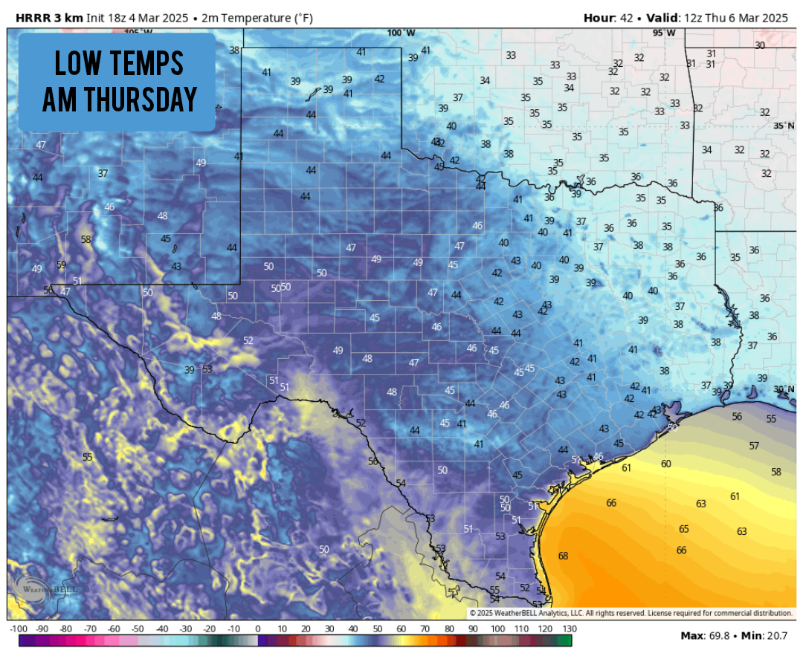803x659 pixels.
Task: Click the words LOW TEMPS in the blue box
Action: (119, 64)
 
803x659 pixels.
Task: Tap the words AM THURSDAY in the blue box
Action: (119, 98)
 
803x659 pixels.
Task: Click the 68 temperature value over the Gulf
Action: (563, 556)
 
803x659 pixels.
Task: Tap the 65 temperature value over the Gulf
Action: (684, 529)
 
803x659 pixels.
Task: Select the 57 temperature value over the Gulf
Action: (754, 446)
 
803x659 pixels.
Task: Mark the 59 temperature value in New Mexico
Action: (61, 264)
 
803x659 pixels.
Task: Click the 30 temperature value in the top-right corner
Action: (759, 45)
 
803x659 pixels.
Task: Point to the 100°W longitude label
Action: (401, 33)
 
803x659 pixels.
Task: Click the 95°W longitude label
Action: (664, 33)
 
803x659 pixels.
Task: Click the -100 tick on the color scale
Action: (18, 629)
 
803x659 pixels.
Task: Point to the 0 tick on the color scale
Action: (257, 629)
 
